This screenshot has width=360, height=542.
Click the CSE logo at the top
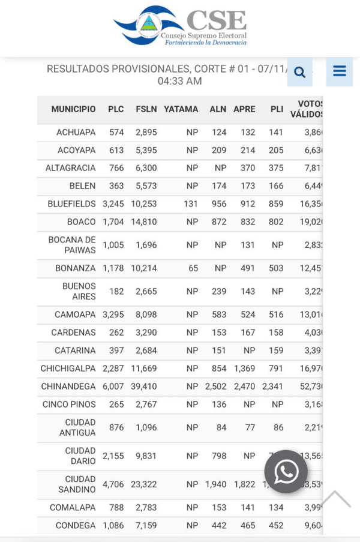coord(180,26)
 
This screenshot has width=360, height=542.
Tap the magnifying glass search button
coord(299,73)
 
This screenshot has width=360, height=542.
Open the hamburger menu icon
coord(340,71)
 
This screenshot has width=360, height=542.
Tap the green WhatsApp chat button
coord(286,471)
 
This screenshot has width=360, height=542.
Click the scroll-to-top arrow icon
coord(335,499)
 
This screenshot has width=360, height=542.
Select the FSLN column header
coord(146,109)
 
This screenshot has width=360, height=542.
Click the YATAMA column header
coord(181,109)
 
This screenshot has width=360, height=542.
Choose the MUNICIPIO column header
coord(73,109)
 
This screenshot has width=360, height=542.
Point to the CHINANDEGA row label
coord(68,387)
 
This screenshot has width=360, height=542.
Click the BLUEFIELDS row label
coord(71,204)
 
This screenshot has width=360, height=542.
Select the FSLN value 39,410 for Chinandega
coord(144,387)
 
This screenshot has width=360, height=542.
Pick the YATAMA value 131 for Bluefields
coord(191,204)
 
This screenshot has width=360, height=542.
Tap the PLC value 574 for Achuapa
coord(116,132)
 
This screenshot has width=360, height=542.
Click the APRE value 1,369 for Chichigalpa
coord(244,369)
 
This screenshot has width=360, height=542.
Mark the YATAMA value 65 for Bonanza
coord(193,268)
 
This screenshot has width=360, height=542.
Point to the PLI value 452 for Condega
coord(276,526)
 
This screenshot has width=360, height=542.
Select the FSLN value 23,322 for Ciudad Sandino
coord(144,484)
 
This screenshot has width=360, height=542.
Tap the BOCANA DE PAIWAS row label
coord(72,245)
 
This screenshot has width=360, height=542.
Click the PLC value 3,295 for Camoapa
coord(113,315)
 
